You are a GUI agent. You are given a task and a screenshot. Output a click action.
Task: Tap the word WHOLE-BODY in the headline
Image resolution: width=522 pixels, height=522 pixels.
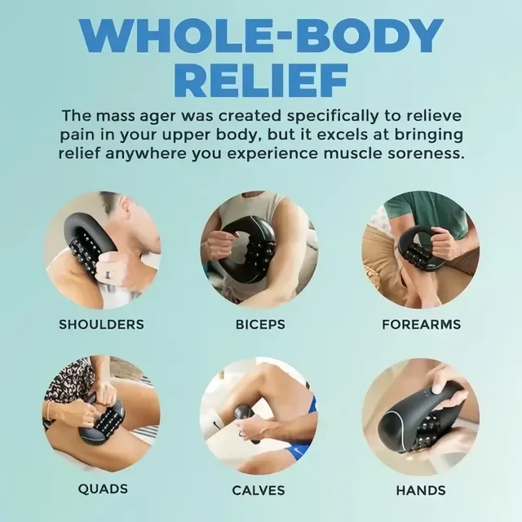261,34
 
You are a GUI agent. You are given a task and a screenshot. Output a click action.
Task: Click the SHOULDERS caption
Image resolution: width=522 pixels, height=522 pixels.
101,325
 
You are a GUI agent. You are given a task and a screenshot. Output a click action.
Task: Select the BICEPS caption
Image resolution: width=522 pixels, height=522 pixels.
260,325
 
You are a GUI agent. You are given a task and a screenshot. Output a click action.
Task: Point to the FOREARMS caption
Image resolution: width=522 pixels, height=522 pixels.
421,325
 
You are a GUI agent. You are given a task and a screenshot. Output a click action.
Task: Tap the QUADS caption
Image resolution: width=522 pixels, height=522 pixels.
103,489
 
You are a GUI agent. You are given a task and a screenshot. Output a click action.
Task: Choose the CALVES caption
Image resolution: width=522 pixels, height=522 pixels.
259,490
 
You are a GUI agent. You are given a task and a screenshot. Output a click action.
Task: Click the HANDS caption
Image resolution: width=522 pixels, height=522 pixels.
421,490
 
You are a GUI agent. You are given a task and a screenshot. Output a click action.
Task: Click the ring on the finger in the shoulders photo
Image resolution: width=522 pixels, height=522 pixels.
108,276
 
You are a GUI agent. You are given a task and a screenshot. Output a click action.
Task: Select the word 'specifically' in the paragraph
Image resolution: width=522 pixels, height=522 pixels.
333,117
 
